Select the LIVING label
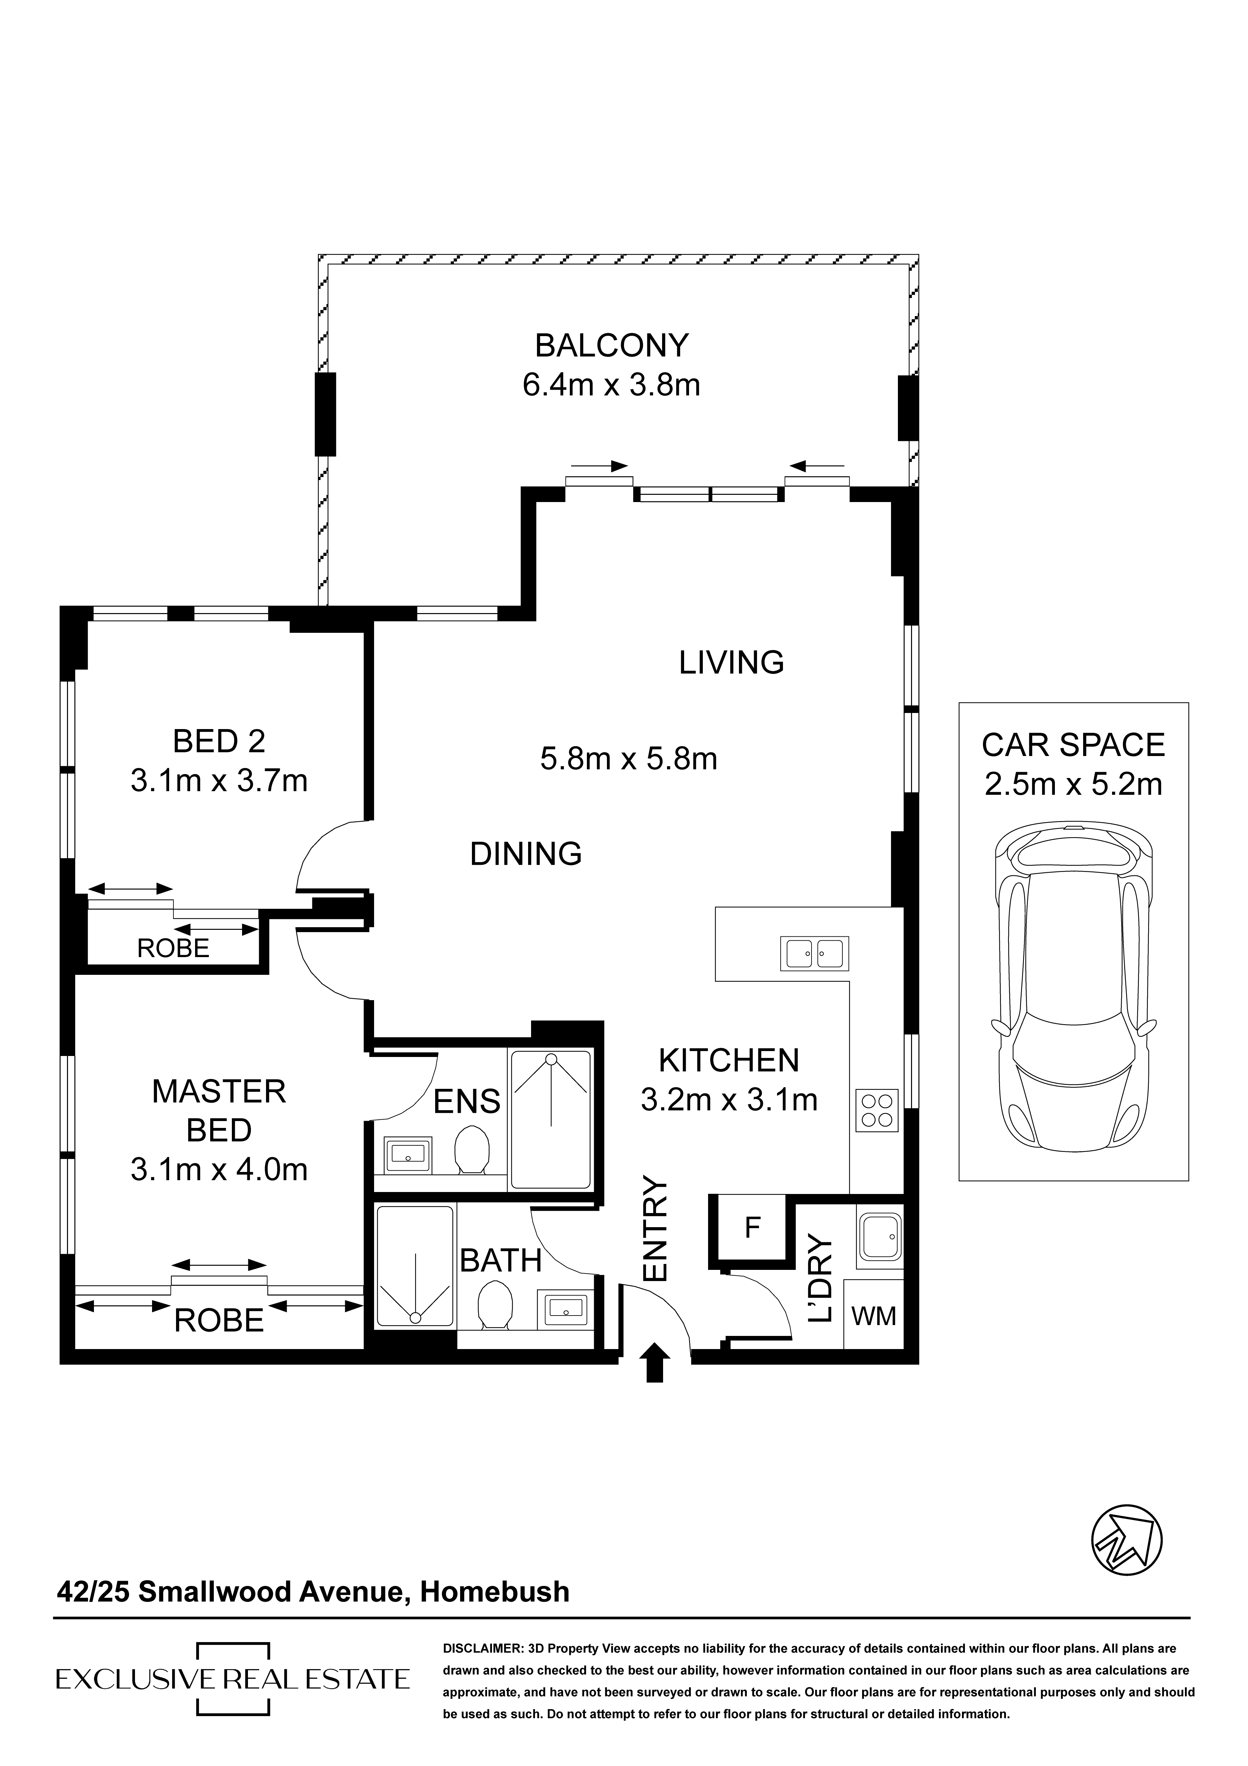[x=731, y=662]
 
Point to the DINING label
[x=526, y=854]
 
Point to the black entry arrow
[x=654, y=1363]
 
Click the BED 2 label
[x=219, y=742]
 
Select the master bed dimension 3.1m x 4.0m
[x=219, y=1170]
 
